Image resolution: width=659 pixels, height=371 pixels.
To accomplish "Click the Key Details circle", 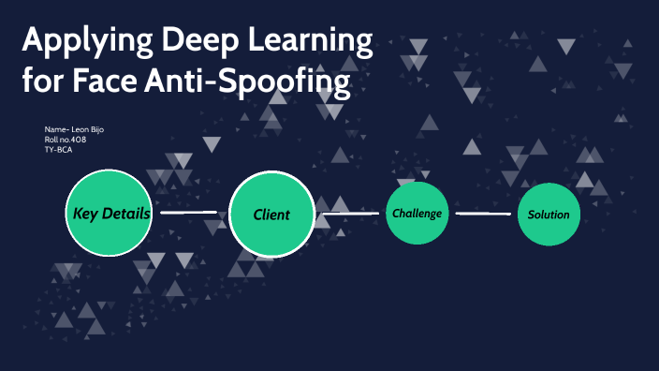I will click(110, 214).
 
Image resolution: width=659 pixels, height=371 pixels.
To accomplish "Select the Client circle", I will click(271, 214).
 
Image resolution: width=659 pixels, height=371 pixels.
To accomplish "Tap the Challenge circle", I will click(417, 213).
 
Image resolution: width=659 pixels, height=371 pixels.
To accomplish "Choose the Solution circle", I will click(549, 214).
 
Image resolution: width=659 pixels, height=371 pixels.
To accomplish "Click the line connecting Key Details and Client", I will click(190, 213).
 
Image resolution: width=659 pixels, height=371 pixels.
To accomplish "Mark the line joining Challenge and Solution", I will click(483, 214).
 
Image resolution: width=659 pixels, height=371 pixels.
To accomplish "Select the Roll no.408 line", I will click(66, 139).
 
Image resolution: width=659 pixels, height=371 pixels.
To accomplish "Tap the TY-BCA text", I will click(59, 149).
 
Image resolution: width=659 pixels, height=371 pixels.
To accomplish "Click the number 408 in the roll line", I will click(79, 139).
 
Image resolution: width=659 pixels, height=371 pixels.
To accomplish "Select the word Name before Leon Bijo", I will click(53, 128).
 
